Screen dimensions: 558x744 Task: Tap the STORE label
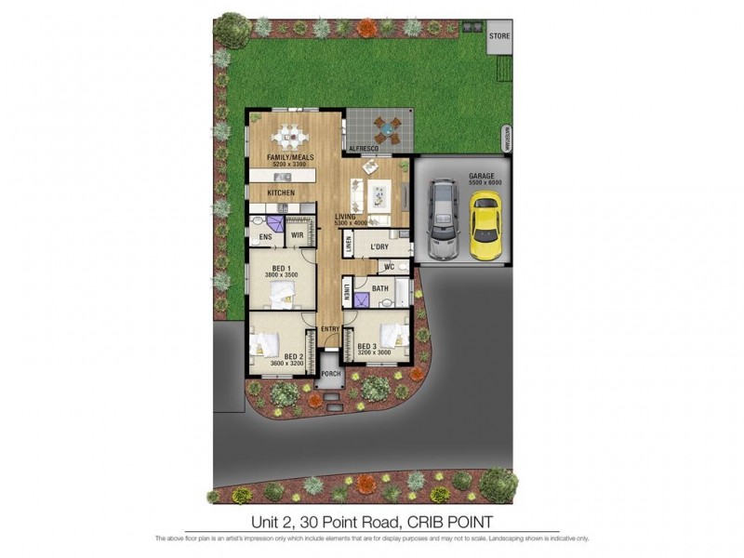[x=500, y=36]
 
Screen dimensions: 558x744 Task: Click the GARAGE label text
[x=482, y=175]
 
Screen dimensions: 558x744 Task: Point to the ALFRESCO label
[x=360, y=149]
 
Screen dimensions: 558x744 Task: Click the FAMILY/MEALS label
[x=288, y=157]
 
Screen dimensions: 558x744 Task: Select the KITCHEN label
[x=281, y=193]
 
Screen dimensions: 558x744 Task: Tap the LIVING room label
[x=346, y=216]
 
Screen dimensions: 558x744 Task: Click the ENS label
[x=265, y=236]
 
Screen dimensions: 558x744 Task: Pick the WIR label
[x=299, y=236]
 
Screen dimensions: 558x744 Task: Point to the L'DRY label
[x=379, y=246]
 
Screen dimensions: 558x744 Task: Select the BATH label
[x=380, y=289]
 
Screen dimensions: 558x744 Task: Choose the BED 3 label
[x=367, y=347]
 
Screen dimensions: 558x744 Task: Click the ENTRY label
[x=329, y=329]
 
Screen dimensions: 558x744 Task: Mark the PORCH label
[x=330, y=375]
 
